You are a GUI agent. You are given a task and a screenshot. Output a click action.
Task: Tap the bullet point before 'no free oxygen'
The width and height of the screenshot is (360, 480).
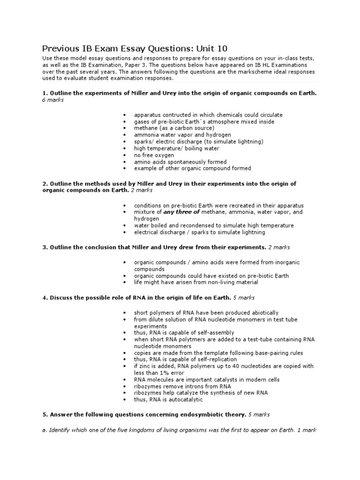125,155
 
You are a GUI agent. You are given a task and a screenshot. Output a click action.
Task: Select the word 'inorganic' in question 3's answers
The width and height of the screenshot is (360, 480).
287,262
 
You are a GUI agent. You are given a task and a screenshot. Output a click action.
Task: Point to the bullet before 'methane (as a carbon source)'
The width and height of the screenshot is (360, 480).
125,128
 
